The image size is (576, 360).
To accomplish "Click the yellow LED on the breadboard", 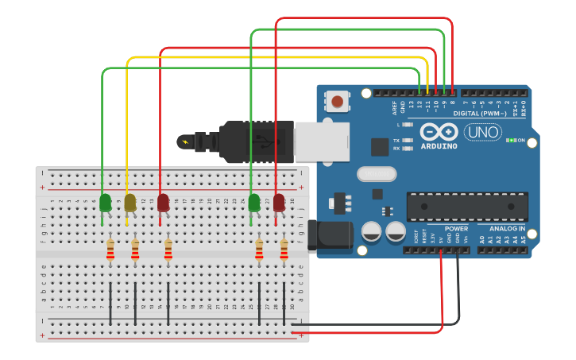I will (x=130, y=202).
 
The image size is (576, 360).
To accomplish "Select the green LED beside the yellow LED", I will (x=105, y=202).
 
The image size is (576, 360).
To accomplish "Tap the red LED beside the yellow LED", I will (x=163, y=202).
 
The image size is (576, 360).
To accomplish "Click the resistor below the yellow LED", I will (x=135, y=250).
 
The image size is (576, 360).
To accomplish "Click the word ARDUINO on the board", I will (x=439, y=146).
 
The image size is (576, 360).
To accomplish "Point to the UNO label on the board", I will (x=482, y=133).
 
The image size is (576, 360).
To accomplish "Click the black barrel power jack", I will (x=329, y=236).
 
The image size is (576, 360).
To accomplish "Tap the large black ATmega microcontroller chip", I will (x=467, y=207).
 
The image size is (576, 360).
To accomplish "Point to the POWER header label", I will (x=456, y=229).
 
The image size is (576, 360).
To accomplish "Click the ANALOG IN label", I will (x=507, y=229).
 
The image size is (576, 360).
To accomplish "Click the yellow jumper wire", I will (x=278, y=58).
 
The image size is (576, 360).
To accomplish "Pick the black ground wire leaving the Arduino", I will (x=458, y=294).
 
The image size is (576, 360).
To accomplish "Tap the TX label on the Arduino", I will (x=396, y=141).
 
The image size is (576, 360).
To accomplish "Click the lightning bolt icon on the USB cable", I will (x=186, y=142).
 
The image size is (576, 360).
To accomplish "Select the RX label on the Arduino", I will (x=396, y=149).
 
